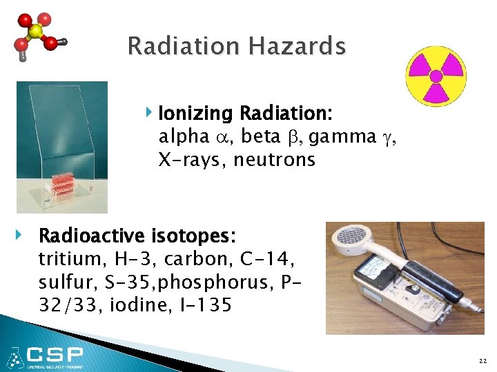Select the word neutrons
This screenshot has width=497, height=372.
pos(274,161)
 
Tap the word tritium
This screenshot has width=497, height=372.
pos(67,260)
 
